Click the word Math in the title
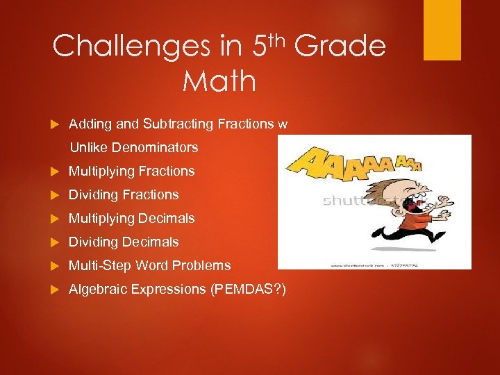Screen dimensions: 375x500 219,81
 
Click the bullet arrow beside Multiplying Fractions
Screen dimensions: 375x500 55,172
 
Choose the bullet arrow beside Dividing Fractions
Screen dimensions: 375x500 55,195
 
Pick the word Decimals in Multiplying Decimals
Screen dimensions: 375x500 166,218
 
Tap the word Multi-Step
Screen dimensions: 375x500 100,265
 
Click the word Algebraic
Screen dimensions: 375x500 97,290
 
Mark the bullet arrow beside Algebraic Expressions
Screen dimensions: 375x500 55,290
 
